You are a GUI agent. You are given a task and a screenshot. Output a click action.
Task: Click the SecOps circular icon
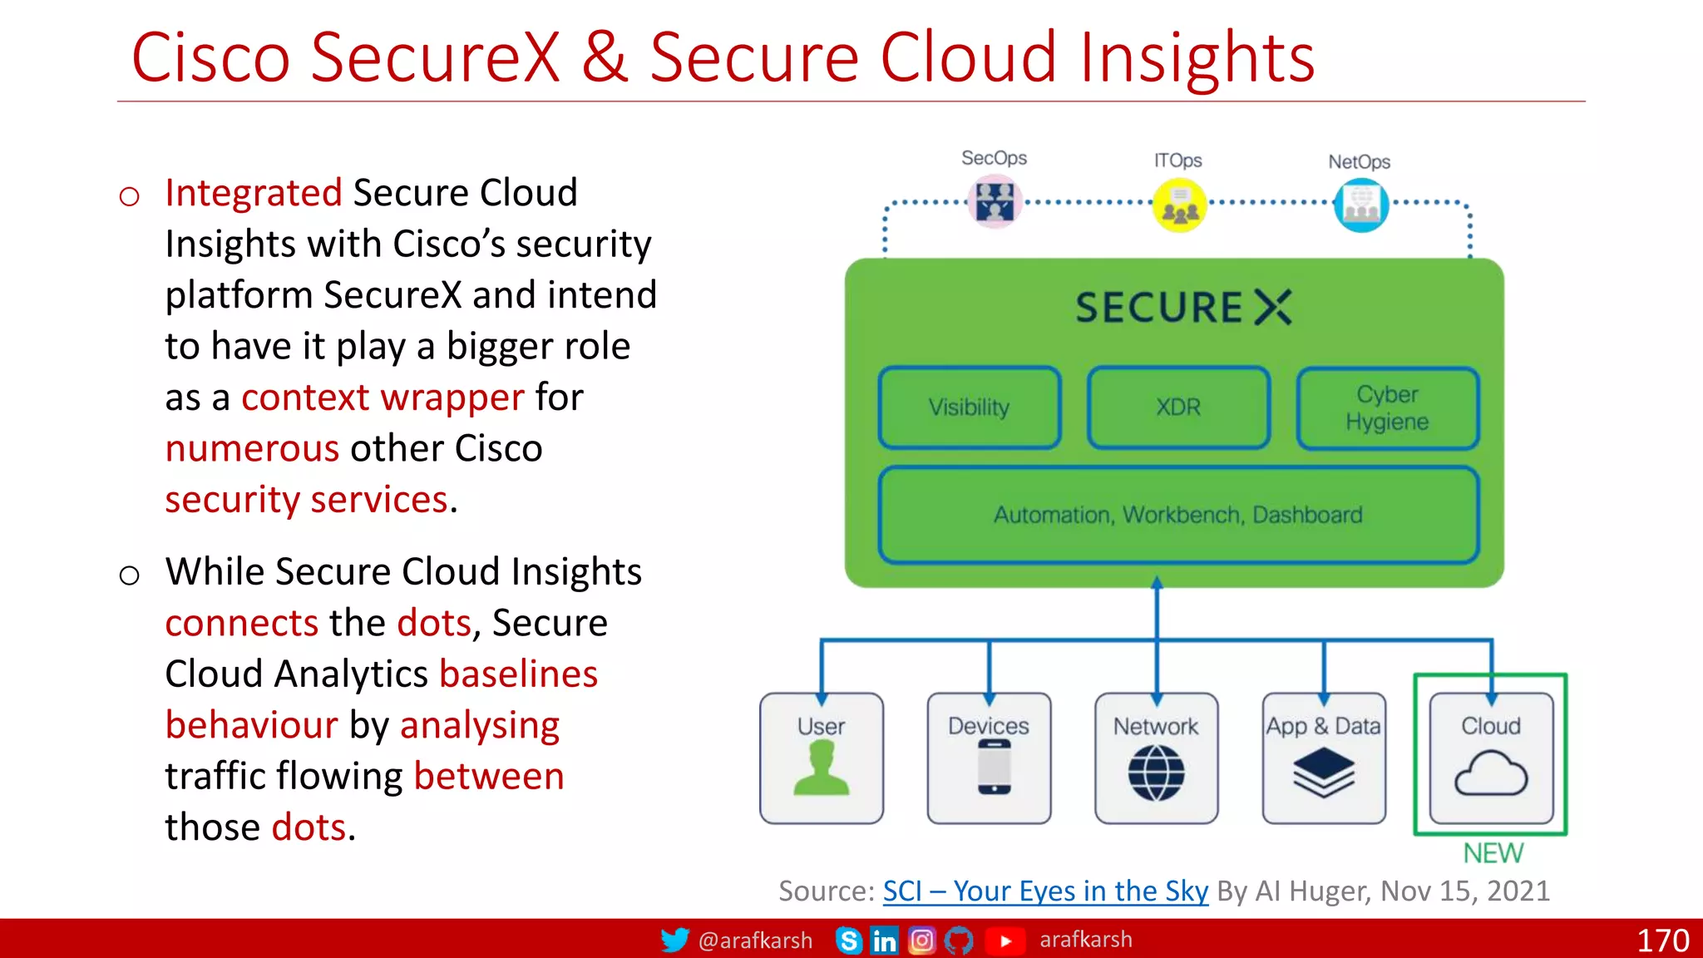995,202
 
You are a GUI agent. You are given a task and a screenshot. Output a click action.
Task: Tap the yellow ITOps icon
1178,205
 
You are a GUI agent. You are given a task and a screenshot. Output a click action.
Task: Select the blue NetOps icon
1361,205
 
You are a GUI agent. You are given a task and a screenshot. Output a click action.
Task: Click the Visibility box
970,407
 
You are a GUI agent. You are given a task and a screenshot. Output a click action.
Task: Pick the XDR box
1178,407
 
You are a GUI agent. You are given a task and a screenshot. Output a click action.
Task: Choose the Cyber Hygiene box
1387,407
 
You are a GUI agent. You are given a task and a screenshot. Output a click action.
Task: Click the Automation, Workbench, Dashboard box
1178,515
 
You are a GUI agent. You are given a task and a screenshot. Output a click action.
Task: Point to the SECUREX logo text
1182,307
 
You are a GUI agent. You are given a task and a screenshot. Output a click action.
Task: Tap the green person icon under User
822,769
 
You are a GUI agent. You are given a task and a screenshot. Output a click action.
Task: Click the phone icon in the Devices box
994,768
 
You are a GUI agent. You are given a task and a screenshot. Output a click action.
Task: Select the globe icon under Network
1156,773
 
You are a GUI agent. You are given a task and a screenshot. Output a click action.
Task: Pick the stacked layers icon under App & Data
1324,771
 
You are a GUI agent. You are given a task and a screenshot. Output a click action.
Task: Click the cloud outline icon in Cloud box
1491,773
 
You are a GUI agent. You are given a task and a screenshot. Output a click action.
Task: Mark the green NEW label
1493,853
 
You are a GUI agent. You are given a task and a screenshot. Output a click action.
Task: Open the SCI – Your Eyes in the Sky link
1045,891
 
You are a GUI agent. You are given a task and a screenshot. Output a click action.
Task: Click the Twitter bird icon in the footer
674,940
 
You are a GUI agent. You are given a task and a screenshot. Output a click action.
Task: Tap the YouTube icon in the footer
1005,941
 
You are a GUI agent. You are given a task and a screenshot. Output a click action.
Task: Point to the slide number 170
1662,941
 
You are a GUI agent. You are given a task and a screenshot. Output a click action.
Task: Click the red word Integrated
254,193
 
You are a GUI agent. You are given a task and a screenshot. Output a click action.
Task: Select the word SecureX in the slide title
436,57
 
